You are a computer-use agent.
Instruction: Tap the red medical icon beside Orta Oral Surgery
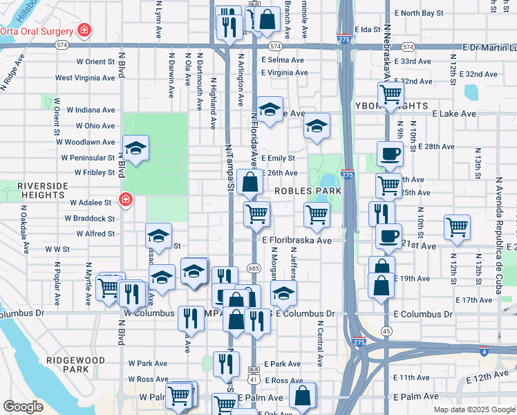[x=84, y=30]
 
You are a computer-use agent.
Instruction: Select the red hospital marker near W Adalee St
[x=125, y=201]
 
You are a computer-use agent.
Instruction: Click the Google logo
[x=23, y=407]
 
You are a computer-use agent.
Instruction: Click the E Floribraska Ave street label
[x=297, y=241]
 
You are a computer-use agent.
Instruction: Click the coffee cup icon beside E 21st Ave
[x=388, y=236]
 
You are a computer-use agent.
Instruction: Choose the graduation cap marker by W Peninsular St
[x=136, y=148]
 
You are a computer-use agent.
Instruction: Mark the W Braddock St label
[x=91, y=219]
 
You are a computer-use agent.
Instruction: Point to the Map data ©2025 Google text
[x=473, y=409]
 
